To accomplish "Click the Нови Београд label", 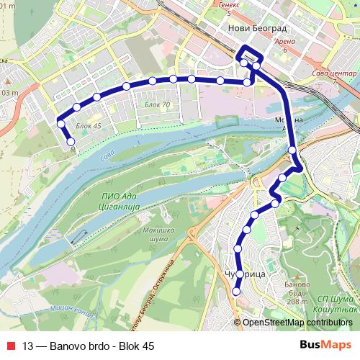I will [256, 28].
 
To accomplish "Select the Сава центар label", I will [334, 75].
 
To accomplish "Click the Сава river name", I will [107, 153].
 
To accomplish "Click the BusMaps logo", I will [330, 346].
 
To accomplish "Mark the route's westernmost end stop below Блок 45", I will [71, 142].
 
